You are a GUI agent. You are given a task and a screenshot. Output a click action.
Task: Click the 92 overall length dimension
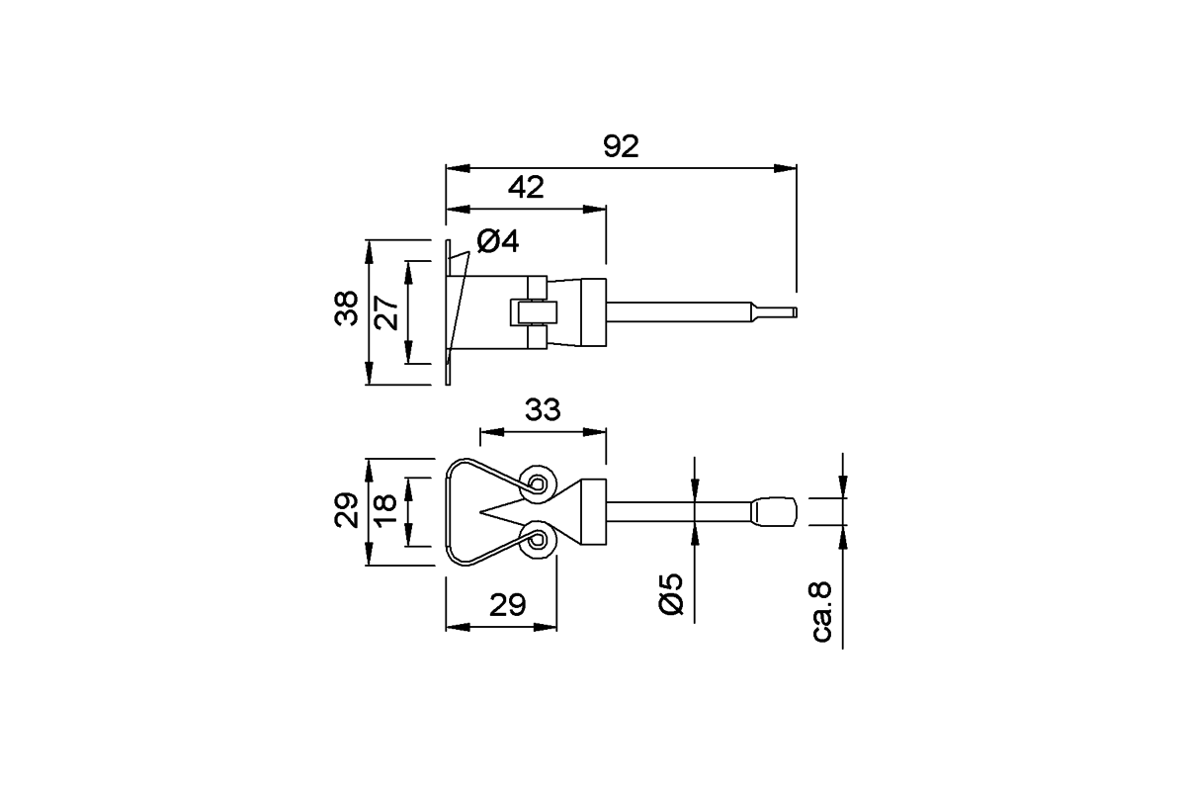tap(621, 146)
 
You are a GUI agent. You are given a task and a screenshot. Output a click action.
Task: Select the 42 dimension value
tap(526, 187)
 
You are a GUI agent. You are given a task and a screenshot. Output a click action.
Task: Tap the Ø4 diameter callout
tap(498, 241)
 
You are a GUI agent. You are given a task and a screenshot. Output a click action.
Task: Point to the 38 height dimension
tap(346, 308)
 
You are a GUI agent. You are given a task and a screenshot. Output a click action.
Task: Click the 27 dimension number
tap(386, 313)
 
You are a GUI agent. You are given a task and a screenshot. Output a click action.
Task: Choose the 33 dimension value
tap(543, 409)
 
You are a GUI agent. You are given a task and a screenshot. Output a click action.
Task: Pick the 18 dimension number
tap(385, 509)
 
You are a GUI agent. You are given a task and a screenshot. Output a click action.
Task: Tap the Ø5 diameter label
tap(671, 594)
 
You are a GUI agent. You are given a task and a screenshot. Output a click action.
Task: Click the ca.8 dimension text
tap(821, 612)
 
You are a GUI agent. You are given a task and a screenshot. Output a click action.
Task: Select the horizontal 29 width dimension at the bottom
tap(507, 605)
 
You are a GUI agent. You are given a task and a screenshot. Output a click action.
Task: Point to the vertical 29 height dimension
tap(346, 510)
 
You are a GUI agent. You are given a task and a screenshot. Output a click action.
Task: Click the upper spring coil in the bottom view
tap(538, 483)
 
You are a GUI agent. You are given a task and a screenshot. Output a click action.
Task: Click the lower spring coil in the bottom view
tap(538, 539)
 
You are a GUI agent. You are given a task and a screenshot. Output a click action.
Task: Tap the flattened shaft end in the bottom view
tap(775, 512)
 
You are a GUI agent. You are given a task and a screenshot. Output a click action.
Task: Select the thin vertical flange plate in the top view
tap(448, 312)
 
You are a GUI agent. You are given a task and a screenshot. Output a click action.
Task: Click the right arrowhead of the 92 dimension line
tap(785, 168)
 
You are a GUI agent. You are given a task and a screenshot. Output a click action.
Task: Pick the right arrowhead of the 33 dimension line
tap(594, 432)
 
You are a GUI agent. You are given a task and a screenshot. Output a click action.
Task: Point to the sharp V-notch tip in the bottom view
tap(480, 512)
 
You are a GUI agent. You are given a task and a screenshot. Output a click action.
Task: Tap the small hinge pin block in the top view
tap(534, 312)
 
